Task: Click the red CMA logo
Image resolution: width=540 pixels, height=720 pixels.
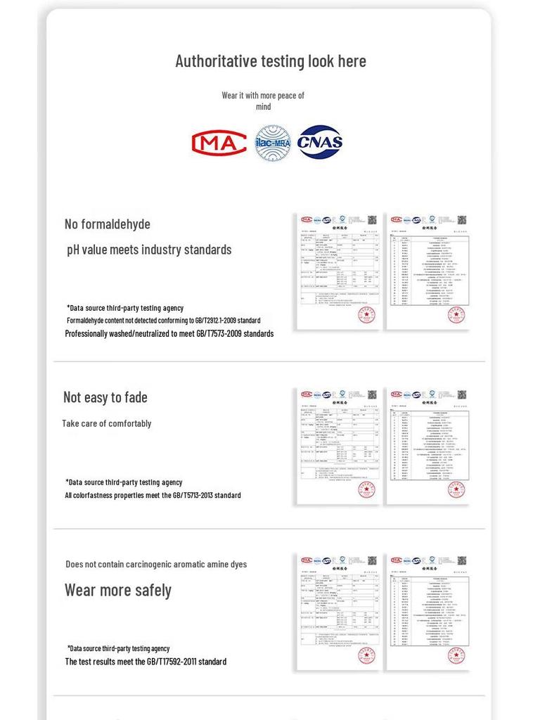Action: pyautogui.click(x=219, y=143)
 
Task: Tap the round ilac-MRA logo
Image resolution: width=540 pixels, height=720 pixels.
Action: pyautogui.click(x=273, y=143)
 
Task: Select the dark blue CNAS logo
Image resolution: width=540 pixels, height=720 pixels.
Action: pyautogui.click(x=320, y=142)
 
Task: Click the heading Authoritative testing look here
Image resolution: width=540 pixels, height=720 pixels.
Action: pyautogui.click(x=270, y=61)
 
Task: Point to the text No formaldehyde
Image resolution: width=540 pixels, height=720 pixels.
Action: pyautogui.click(x=108, y=224)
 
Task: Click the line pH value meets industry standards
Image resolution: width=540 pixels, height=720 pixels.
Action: pyautogui.click(x=149, y=250)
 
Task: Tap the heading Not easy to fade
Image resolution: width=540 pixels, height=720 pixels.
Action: pyautogui.click(x=105, y=397)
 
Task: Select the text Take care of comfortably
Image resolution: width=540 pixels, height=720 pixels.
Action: pyautogui.click(x=106, y=423)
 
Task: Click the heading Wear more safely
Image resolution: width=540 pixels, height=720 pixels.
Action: pyautogui.click(x=118, y=590)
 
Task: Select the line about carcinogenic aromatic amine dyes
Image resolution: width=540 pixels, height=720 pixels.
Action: pyautogui.click(x=156, y=564)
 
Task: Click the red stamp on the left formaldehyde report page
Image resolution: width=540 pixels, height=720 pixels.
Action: pyautogui.click(x=366, y=315)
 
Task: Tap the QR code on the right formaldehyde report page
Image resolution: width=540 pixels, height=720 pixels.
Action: pyautogui.click(x=462, y=220)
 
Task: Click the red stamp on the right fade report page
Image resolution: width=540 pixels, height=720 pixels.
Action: pyautogui.click(x=456, y=489)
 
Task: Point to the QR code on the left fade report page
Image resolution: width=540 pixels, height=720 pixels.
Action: pyautogui.click(x=372, y=394)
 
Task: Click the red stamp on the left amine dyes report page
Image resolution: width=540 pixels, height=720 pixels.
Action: pyautogui.click(x=366, y=655)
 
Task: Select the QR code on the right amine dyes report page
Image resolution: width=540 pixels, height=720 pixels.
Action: pyautogui.click(x=462, y=560)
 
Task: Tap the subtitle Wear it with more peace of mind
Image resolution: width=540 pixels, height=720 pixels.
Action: pyautogui.click(x=263, y=101)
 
